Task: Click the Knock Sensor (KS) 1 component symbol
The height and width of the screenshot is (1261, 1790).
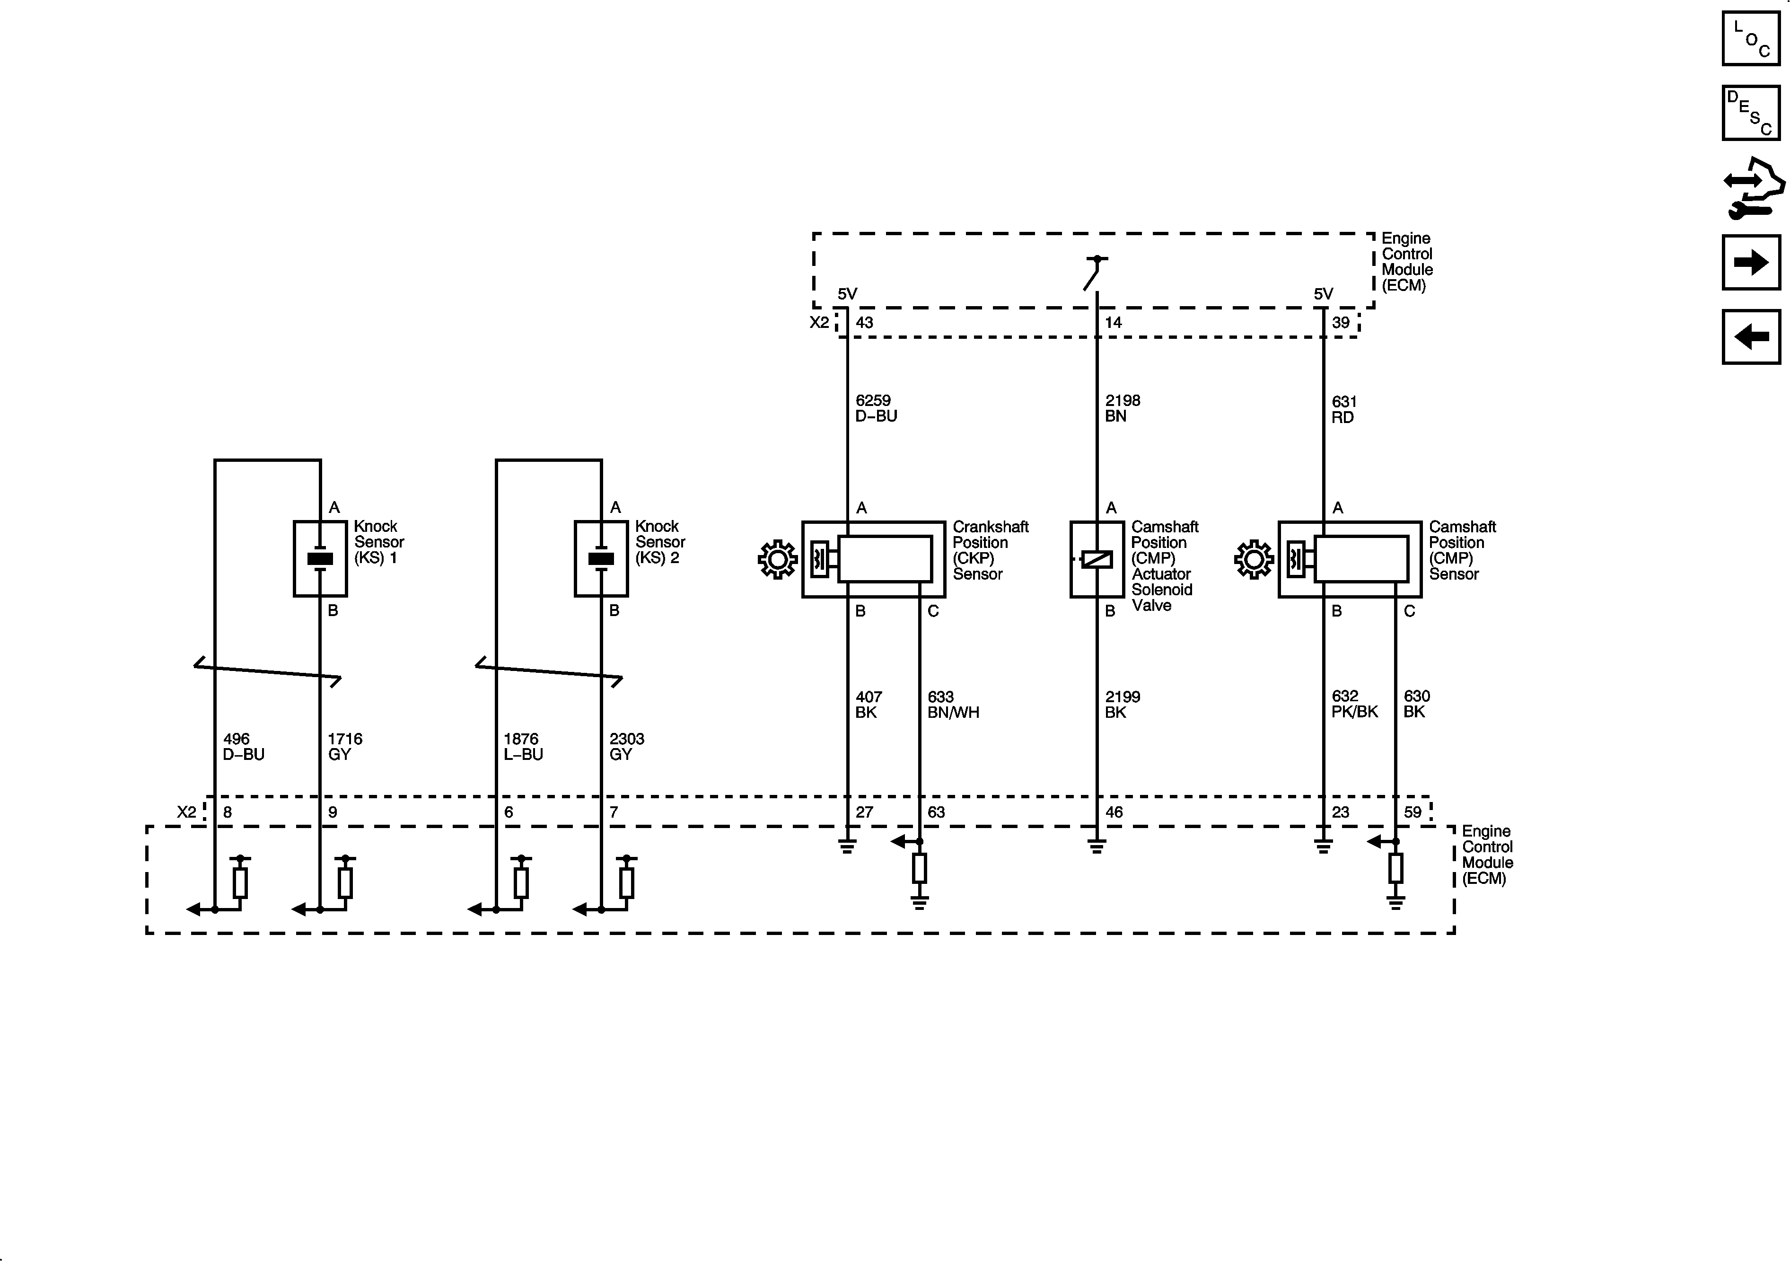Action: (x=320, y=558)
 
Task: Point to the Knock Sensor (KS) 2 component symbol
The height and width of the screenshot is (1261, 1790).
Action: (x=601, y=558)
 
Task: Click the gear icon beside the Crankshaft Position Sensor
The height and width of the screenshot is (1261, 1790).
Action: (x=777, y=559)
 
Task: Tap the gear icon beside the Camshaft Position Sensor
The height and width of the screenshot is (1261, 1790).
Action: (x=1254, y=559)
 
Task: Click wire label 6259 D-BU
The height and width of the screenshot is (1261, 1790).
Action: (x=876, y=408)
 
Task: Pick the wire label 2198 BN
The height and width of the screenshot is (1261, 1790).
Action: (x=1122, y=408)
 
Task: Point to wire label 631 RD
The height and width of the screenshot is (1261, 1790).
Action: (x=1344, y=409)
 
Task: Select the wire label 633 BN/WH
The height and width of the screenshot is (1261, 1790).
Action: (x=953, y=704)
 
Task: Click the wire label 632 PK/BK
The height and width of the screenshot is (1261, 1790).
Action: (x=1354, y=704)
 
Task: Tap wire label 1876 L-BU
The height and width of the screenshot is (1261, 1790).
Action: (x=522, y=746)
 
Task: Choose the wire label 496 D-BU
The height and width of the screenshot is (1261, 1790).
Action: (x=243, y=746)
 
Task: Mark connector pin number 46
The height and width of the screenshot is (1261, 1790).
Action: (x=1114, y=812)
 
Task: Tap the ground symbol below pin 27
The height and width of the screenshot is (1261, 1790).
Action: (x=847, y=846)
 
